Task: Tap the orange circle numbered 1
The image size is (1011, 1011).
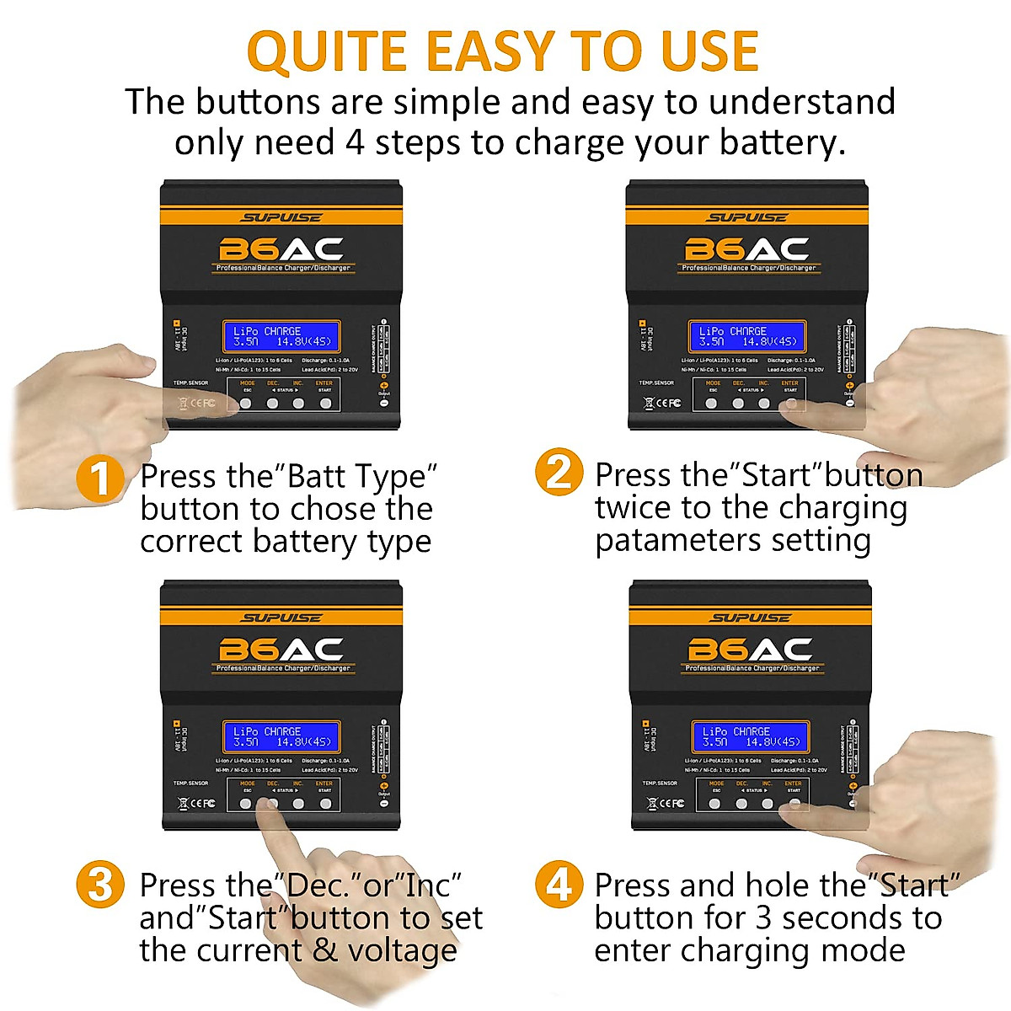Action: [x=100, y=479]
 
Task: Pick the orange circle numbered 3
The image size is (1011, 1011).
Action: [x=100, y=885]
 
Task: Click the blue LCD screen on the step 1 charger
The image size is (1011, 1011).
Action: [x=281, y=337]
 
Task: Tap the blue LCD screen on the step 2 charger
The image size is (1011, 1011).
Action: [x=747, y=337]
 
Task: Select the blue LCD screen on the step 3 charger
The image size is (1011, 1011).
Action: [x=281, y=737]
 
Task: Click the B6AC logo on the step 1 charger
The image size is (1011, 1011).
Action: [x=281, y=249]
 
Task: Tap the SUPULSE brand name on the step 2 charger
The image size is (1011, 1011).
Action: [x=747, y=217]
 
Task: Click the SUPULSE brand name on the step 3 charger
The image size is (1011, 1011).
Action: [x=281, y=618]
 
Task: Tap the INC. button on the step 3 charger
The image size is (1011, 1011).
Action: [x=298, y=804]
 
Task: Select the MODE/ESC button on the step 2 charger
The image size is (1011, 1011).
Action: [x=712, y=404]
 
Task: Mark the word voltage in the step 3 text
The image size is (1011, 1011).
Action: [x=402, y=950]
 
